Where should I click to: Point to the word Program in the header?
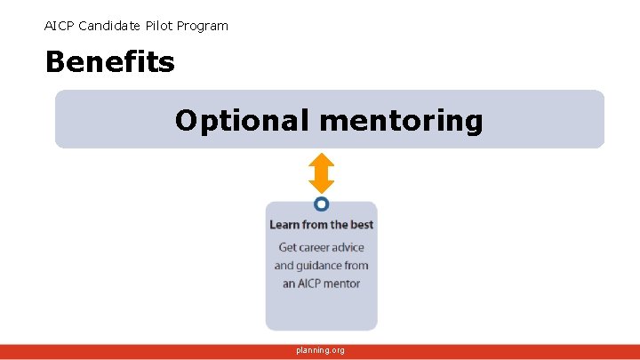(x=203, y=26)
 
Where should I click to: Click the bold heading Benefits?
(x=109, y=62)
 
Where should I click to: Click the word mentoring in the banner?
(x=401, y=120)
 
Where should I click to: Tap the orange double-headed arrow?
(x=321, y=173)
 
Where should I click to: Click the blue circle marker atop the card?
(x=321, y=204)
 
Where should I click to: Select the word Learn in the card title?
(x=285, y=225)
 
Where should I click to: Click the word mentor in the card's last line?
(x=342, y=284)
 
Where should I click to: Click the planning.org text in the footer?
(x=321, y=350)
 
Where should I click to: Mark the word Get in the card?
(x=288, y=247)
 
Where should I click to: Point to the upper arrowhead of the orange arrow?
(x=321, y=160)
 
